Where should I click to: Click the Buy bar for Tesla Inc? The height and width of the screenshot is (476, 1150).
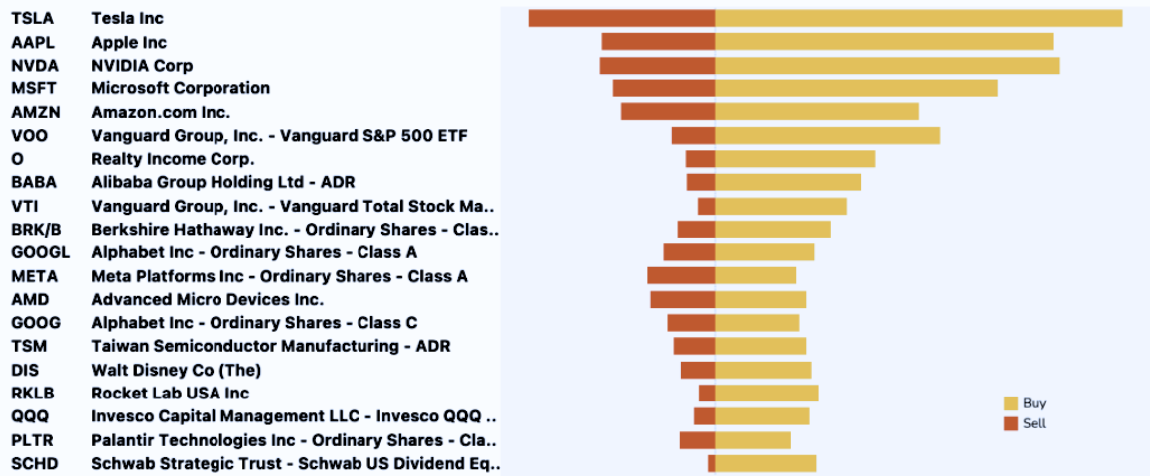coord(919,18)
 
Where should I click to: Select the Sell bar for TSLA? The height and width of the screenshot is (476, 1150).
coord(622,18)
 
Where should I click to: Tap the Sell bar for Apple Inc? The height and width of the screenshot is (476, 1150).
coord(658,42)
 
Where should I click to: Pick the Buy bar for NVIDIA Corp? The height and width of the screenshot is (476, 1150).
coord(887,65)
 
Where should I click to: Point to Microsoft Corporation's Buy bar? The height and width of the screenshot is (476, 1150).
coord(856,88)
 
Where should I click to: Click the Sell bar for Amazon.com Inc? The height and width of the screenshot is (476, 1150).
coord(667,112)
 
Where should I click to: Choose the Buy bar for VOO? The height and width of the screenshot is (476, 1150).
coord(827,135)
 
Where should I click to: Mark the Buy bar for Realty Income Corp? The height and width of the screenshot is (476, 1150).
coord(794,159)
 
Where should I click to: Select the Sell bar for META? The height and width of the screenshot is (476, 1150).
coord(681,275)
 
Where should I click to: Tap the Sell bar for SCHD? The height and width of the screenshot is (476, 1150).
coord(711,463)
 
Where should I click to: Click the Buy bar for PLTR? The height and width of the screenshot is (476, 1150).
coord(753,440)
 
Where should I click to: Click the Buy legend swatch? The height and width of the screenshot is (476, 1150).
coord(1011,403)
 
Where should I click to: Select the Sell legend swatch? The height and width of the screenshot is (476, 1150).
coord(1011,423)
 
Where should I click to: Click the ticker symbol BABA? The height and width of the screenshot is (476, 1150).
coord(34,182)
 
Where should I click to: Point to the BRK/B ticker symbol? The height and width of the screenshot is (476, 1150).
coord(36,229)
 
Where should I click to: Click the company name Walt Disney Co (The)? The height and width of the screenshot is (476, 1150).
coord(177,370)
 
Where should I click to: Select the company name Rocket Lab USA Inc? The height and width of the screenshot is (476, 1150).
coord(170,394)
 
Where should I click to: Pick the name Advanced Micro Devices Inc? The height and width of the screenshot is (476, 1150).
coord(208,299)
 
